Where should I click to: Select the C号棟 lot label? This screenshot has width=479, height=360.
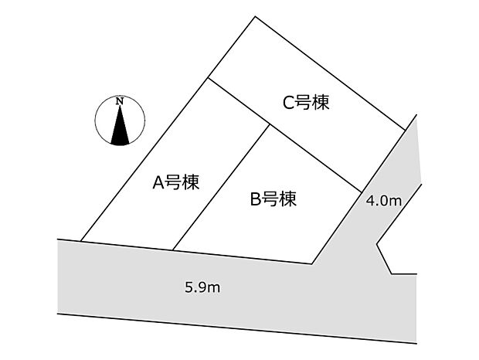tap(306, 102)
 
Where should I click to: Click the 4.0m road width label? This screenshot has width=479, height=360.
tap(384, 201)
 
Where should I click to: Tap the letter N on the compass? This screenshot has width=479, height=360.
tap(119, 101)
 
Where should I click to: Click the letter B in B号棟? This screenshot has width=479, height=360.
tap(254, 199)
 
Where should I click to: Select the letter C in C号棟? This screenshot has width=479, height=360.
tap(287, 103)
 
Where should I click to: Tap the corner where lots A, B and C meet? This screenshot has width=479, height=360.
tap(268, 124)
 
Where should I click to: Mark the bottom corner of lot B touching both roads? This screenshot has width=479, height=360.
tap(312, 264)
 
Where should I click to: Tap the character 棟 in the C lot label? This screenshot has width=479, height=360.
tap(321, 102)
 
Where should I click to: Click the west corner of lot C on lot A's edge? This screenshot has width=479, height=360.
tap(206, 79)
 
